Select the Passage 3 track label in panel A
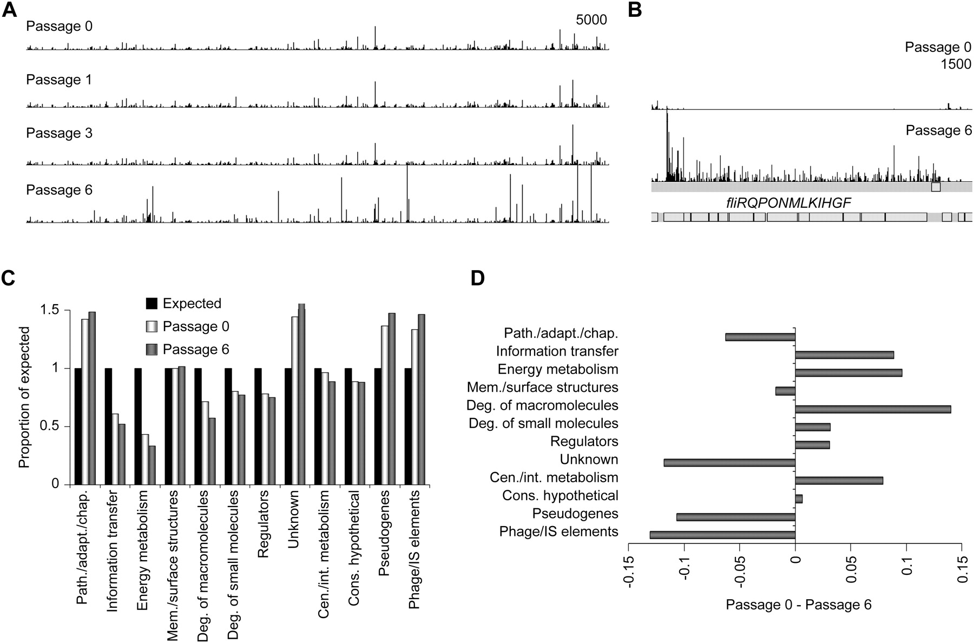[x=59, y=133]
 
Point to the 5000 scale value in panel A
[x=591, y=20]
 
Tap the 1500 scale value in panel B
[x=956, y=64]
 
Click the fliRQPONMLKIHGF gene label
[x=789, y=204]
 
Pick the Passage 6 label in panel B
[x=938, y=130]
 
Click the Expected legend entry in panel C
[x=192, y=304]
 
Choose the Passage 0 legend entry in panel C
[x=195, y=327]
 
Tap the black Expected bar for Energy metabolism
[x=138, y=426]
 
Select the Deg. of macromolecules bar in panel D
[x=873, y=409]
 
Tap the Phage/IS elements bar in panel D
[x=722, y=535]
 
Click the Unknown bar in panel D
[x=729, y=463]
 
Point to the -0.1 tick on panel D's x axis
[x=685, y=568]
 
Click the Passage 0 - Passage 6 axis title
[x=799, y=605]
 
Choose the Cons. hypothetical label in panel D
[x=560, y=496]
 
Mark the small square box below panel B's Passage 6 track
[x=936, y=187]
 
